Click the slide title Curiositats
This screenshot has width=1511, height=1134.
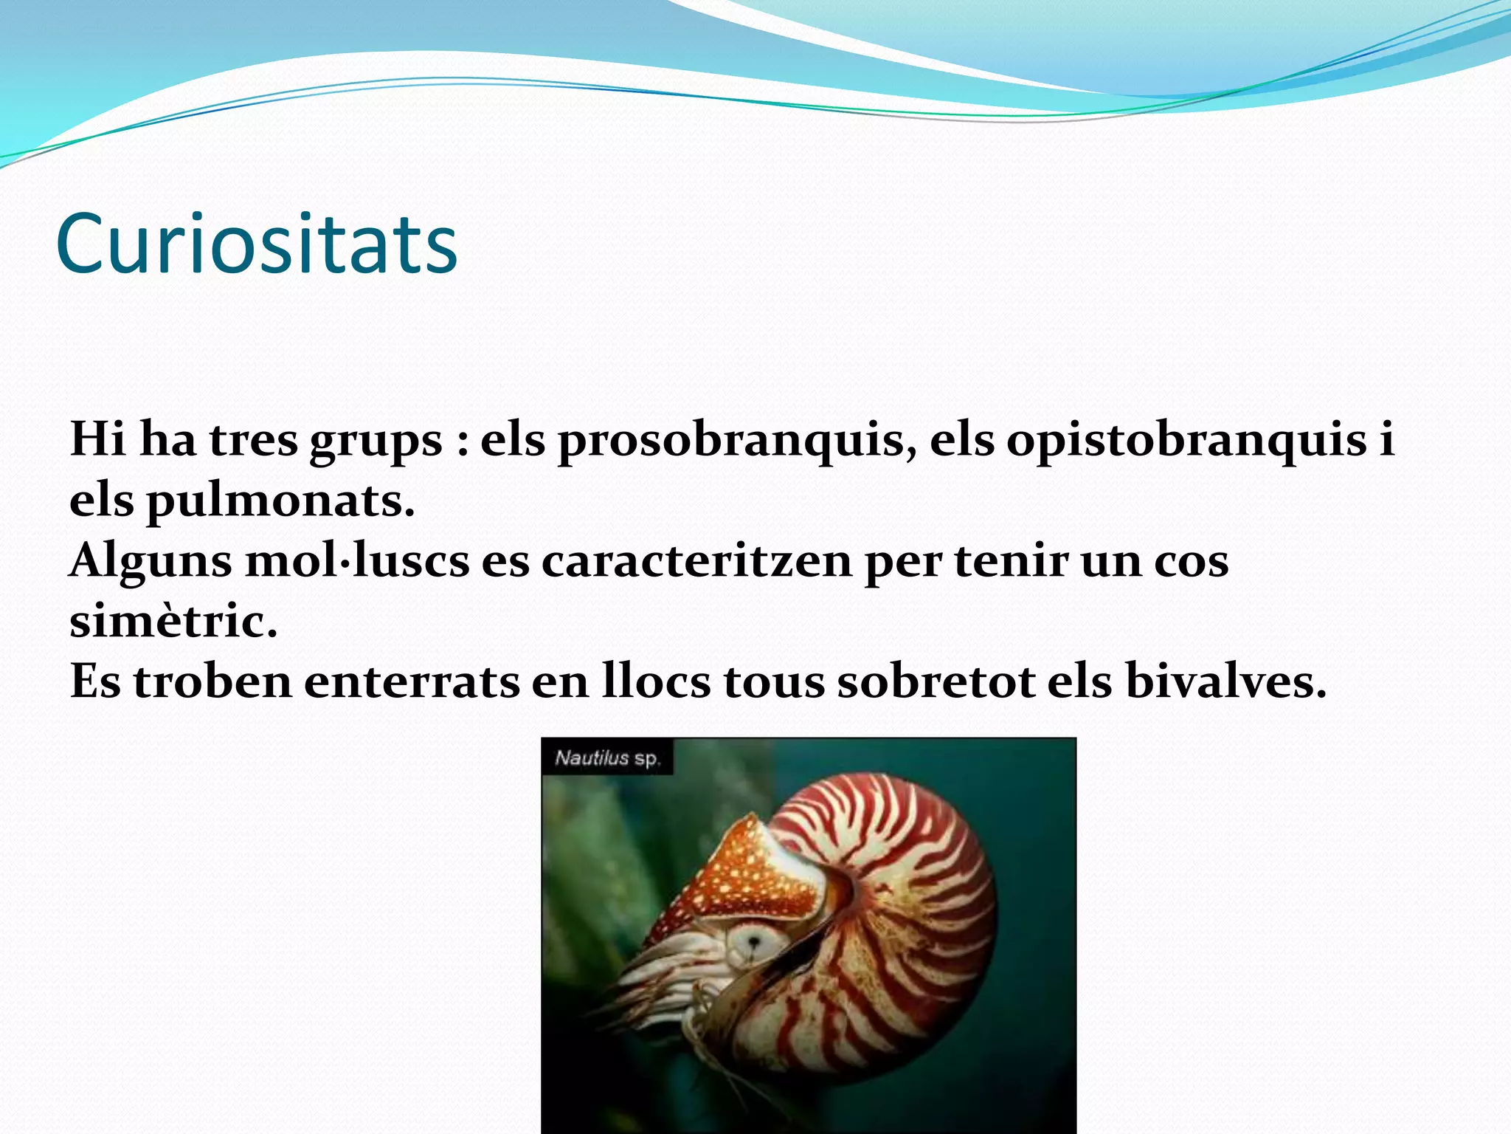tap(257, 244)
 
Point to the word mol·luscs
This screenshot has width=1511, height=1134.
tap(357, 561)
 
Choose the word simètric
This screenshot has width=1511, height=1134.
tap(173, 622)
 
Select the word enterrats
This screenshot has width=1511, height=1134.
tap(412, 681)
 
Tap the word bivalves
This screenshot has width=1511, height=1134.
tap(1225, 681)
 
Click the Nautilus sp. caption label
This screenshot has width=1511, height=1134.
tap(607, 757)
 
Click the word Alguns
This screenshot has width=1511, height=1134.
tap(151, 563)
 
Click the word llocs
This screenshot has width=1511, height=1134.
tap(656, 681)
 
